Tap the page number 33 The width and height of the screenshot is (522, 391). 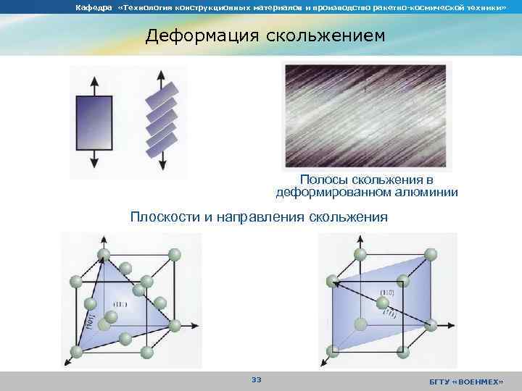click(256, 380)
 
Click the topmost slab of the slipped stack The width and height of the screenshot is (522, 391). click(160, 97)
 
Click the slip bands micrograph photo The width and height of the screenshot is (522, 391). click(367, 116)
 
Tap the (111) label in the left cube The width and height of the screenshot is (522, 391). click(121, 303)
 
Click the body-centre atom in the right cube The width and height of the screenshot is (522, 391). click(381, 302)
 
